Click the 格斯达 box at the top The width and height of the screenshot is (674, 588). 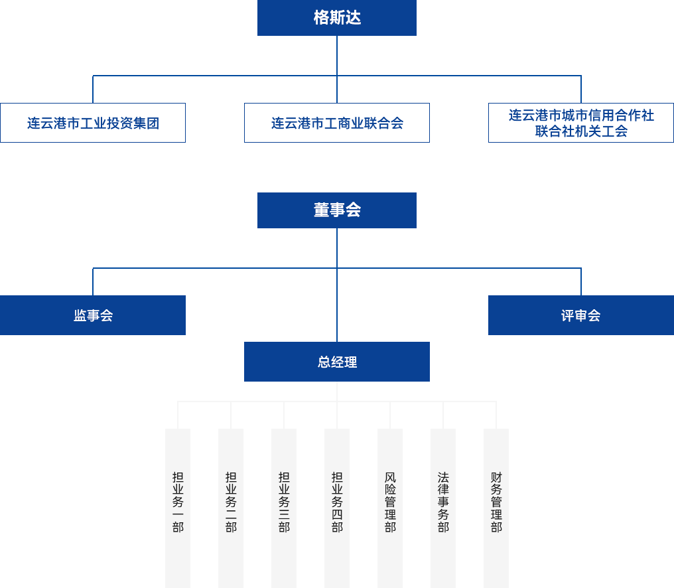(336, 18)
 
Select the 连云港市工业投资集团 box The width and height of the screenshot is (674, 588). (93, 123)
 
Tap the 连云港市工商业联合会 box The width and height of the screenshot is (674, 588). (336, 123)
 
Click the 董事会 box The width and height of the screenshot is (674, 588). (336, 210)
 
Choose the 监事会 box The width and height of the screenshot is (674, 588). (93, 315)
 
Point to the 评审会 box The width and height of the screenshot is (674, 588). (580, 315)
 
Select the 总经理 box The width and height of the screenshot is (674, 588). (336, 362)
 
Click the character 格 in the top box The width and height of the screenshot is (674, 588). (321, 18)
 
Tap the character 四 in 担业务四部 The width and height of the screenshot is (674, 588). (337, 514)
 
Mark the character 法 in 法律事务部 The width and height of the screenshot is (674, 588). (443, 477)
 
